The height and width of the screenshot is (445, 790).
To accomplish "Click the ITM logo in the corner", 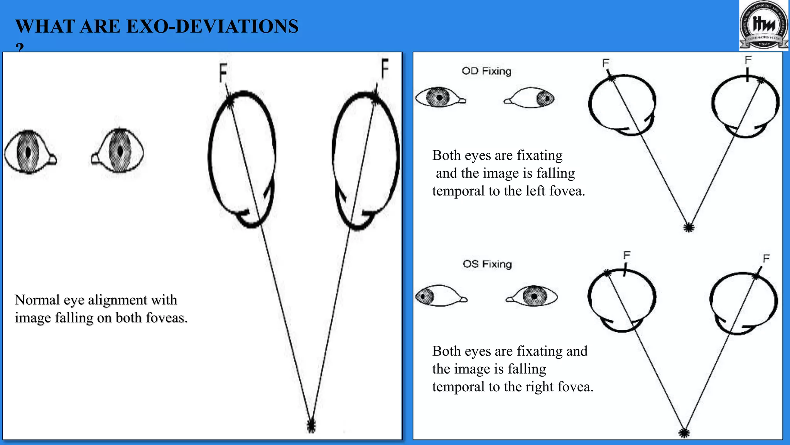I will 764,25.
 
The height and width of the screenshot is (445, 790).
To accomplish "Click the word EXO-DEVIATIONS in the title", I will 212,27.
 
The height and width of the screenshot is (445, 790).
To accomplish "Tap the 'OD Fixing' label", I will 486,71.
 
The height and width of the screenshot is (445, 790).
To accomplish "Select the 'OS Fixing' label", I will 487,264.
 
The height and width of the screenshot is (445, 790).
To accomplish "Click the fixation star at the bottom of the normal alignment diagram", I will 311,426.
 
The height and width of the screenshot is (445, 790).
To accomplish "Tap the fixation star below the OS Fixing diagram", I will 684,433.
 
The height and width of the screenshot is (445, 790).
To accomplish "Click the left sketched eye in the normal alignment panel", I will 30,151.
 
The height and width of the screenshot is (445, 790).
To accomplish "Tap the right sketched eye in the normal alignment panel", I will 118,151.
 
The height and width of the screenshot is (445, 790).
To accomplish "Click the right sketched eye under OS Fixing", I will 533,296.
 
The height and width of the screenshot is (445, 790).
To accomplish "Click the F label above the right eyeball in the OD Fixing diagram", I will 748,60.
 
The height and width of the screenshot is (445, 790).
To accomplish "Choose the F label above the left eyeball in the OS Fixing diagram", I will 627,255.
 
